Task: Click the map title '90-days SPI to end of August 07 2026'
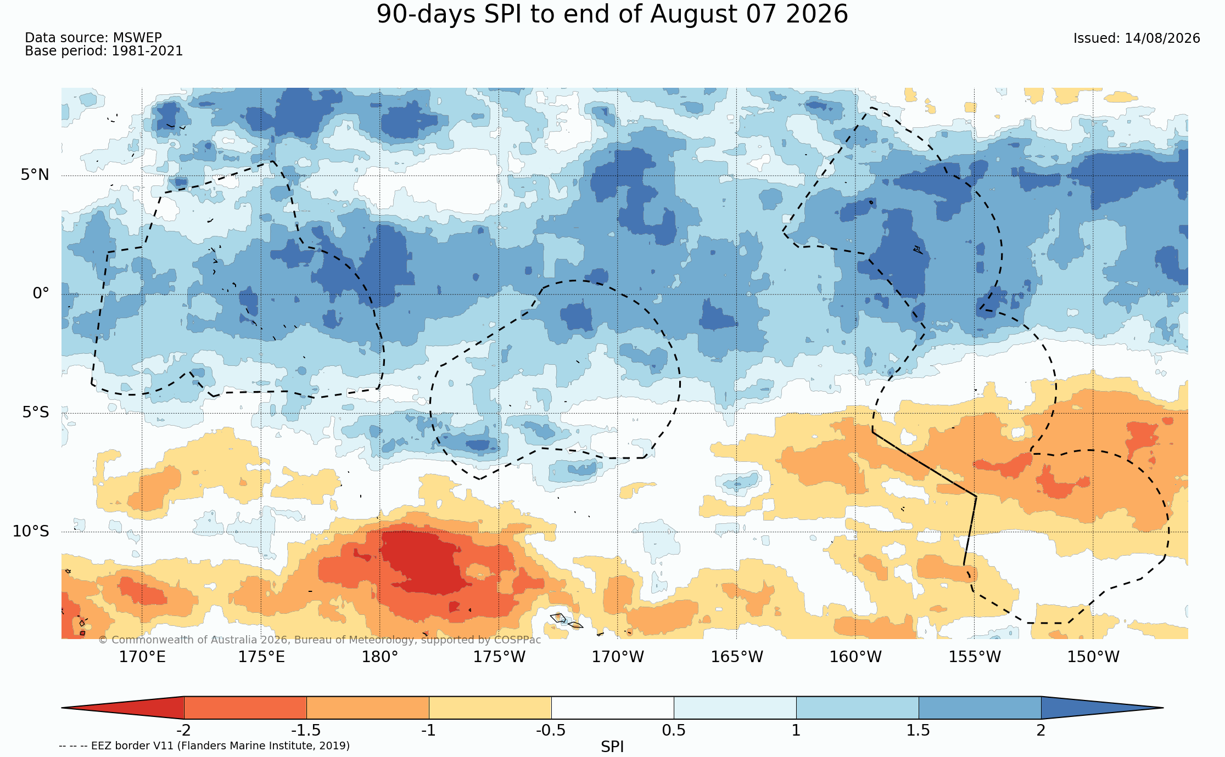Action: [612, 14]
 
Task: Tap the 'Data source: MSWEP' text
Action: [93, 38]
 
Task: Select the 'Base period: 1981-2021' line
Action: [104, 51]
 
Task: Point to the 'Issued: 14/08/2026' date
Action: [1137, 38]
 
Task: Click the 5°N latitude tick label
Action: [35, 175]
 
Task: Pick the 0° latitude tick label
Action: [41, 293]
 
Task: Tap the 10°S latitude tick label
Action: [31, 531]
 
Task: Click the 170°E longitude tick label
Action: [142, 657]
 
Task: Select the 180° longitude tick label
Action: [379, 657]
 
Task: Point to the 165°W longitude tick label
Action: [737, 657]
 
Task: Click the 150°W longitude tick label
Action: [1093, 657]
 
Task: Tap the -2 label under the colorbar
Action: [184, 731]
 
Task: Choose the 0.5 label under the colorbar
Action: [674, 731]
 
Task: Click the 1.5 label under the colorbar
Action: [919, 731]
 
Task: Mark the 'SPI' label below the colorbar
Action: [612, 747]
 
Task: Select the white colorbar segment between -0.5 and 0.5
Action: [612, 708]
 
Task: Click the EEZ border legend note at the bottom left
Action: [204, 746]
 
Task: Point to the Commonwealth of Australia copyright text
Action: [320, 640]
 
